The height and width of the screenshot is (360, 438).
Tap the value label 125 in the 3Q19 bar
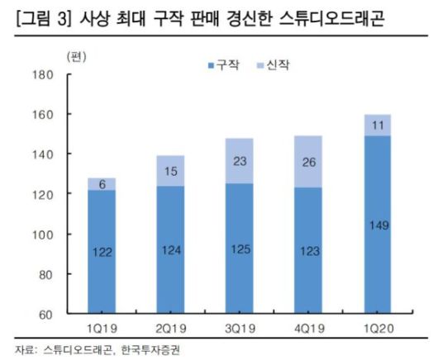pyautogui.click(x=238, y=249)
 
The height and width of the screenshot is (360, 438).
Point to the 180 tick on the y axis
pyautogui.click(x=41, y=75)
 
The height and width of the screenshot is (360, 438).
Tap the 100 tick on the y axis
pyautogui.click(x=41, y=234)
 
